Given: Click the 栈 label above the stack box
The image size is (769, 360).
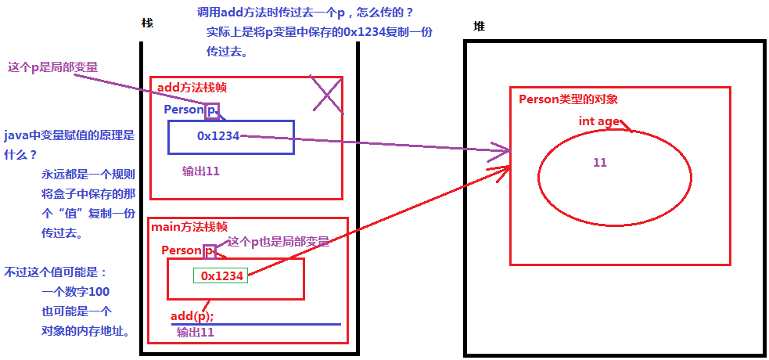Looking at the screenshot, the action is (x=147, y=23).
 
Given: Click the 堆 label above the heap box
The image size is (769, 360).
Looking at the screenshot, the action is (x=479, y=27).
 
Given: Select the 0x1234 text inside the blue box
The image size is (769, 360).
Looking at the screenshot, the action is (x=218, y=136).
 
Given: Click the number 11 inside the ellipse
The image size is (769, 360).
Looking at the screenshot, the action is (x=600, y=163).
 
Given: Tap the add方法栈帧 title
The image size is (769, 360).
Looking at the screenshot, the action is (x=192, y=88).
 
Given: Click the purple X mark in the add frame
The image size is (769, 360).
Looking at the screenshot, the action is (x=325, y=96).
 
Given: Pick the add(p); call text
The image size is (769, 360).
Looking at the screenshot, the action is (x=192, y=315).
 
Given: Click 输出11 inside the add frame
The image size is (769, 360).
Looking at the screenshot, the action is (x=200, y=171).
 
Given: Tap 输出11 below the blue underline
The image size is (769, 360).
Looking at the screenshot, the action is (x=196, y=332).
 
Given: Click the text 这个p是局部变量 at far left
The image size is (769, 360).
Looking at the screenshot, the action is (x=53, y=67).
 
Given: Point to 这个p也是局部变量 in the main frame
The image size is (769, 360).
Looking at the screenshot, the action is (x=278, y=242).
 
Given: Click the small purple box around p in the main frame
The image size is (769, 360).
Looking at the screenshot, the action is (x=209, y=251).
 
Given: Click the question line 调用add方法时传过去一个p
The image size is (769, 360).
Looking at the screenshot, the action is (x=305, y=13).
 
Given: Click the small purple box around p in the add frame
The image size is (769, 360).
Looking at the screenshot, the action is (x=212, y=111).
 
